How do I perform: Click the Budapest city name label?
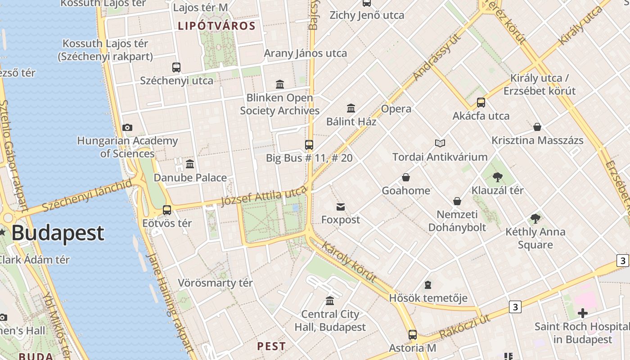pos(58,233)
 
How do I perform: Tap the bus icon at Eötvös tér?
pos(167,210)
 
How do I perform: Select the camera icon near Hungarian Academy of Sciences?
pos(127,128)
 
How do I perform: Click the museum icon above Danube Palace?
pos(190,164)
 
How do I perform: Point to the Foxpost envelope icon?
pos(341,207)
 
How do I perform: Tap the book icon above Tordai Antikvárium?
pos(440,144)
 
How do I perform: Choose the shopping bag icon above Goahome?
pos(406,177)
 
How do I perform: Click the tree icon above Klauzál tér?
pos(497,177)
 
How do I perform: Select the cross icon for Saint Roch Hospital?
pos(583,313)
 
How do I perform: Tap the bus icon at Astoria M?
pos(412,335)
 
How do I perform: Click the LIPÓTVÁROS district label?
pos(216,26)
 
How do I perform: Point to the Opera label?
pos(396,109)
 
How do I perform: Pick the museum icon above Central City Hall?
pos(330,301)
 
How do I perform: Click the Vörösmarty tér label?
pos(215,283)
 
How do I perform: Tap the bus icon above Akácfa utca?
pos(481,103)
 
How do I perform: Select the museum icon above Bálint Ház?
pos(351,108)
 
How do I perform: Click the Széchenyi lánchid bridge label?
pos(87,195)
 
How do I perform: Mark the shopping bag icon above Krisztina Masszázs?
pos(537,127)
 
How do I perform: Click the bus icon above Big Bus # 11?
pos(309,145)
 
